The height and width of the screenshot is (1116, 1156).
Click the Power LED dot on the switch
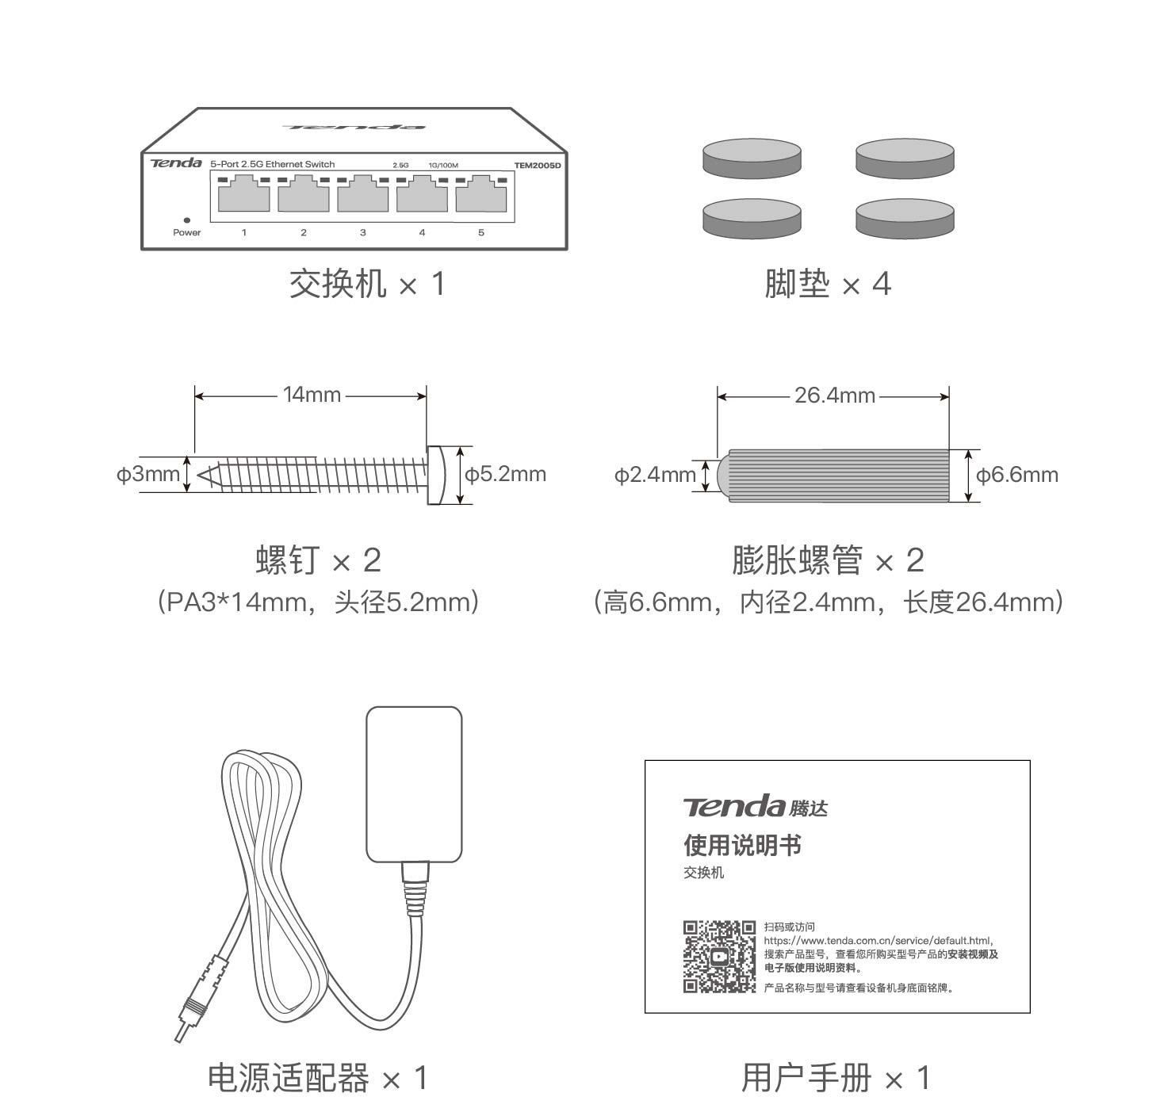186,220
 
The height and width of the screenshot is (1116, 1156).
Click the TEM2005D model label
537,166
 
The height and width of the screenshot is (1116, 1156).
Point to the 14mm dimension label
312,395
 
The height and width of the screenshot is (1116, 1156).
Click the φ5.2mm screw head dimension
505,475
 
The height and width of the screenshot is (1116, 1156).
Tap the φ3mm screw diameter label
148,475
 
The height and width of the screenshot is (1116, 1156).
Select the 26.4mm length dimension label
834,396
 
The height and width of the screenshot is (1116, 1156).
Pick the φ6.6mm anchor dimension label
1016,476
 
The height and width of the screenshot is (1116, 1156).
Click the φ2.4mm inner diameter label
655,476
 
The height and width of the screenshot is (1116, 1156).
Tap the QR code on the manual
719,956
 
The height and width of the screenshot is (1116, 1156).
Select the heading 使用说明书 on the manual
742,845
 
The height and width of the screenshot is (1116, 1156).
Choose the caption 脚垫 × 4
827,284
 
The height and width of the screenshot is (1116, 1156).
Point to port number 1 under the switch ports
244,233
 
